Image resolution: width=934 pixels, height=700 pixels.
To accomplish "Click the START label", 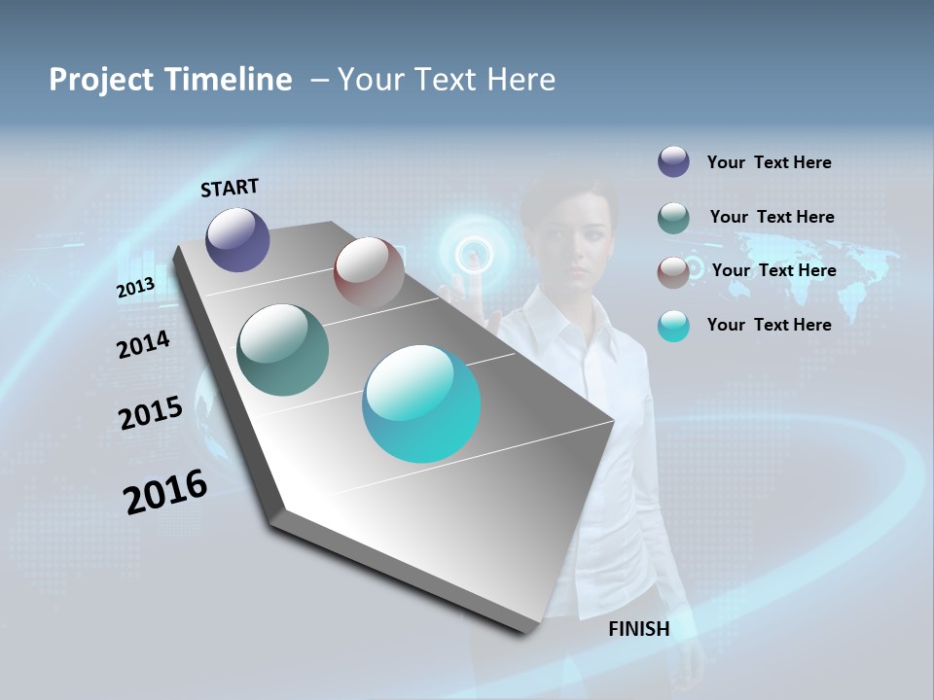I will coord(230,188).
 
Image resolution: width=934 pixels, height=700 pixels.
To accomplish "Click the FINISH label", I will coord(639,629).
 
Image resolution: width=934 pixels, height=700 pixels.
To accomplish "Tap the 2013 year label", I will coord(135,287).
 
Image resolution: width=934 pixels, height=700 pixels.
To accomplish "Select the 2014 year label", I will coord(143,344).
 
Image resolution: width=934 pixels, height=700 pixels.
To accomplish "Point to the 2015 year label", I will coord(150,413).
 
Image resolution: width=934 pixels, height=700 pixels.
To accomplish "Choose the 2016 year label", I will coord(165,492).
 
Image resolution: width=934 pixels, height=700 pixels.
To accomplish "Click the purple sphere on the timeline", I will coord(238,240).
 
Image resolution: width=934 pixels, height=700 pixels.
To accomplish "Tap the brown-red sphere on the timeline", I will coord(369,271).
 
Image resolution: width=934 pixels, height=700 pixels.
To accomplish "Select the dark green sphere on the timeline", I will coord(283,350).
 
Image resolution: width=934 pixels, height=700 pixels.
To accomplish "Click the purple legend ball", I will coord(673,162).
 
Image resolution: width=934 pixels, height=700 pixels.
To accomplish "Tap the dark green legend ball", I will coord(673,217).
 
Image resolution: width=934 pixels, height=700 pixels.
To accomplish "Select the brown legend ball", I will coord(673,271).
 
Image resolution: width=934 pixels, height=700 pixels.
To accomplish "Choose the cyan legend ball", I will coord(673,326).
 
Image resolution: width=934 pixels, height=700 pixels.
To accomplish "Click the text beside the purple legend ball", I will coord(769,162).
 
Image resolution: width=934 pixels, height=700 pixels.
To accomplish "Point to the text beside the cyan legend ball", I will coord(769,325).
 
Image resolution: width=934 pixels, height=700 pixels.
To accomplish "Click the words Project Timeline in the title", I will coord(170,80).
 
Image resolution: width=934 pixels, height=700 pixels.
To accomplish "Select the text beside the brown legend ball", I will coord(773,270).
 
